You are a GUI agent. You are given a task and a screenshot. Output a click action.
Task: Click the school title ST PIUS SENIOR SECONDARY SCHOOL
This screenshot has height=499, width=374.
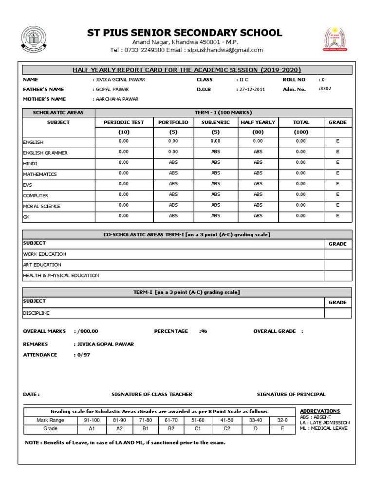click(x=184, y=33)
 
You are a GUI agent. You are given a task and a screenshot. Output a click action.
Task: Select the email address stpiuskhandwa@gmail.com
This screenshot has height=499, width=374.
click(x=223, y=50)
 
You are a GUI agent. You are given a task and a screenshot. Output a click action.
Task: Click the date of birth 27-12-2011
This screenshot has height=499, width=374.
click(x=253, y=90)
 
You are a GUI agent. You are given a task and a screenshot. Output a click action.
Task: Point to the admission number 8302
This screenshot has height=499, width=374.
click(x=326, y=89)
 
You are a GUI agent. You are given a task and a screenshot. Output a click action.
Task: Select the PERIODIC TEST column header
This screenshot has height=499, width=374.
click(x=124, y=122)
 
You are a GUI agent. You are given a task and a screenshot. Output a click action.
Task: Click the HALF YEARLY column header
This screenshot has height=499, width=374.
click(x=258, y=122)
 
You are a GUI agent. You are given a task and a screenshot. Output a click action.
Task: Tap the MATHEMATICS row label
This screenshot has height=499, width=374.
click(x=40, y=174)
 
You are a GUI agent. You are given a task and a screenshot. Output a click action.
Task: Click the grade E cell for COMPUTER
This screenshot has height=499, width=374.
click(x=338, y=194)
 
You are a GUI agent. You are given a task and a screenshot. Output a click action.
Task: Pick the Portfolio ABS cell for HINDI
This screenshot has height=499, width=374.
click(x=173, y=163)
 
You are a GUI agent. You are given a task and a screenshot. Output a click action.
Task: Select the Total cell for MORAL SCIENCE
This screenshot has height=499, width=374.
click(x=300, y=205)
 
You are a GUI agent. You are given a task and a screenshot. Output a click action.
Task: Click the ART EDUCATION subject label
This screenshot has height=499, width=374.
click(x=42, y=265)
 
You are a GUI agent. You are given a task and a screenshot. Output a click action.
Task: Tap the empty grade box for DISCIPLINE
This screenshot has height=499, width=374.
click(x=337, y=313)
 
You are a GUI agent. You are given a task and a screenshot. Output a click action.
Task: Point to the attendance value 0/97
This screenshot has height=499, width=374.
click(x=82, y=355)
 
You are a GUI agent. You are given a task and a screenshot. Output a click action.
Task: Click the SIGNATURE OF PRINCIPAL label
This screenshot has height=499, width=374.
click(x=291, y=394)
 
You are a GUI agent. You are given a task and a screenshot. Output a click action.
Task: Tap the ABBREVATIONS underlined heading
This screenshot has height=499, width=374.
click(x=320, y=411)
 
